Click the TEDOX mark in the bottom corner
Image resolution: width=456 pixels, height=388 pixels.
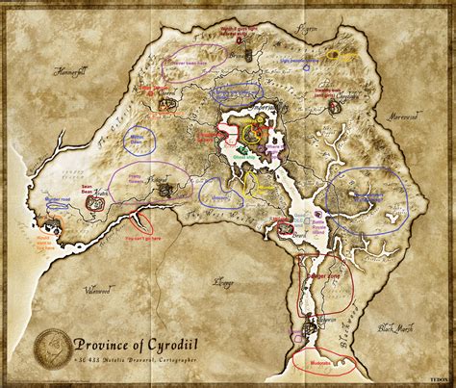click(440, 380)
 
